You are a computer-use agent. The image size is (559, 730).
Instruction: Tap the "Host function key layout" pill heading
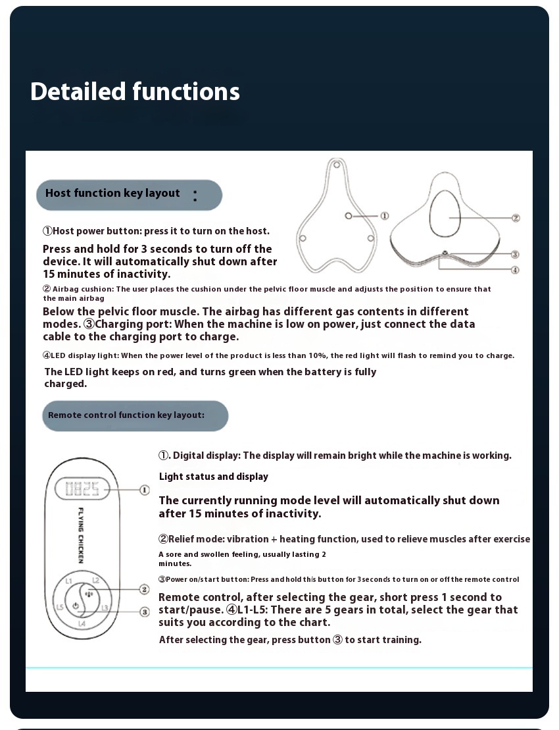pos(112,194)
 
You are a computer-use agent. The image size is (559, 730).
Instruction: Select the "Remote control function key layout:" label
pos(126,415)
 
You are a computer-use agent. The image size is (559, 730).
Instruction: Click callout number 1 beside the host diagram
pos(385,216)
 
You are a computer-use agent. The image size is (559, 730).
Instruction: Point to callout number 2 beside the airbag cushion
pos(516,218)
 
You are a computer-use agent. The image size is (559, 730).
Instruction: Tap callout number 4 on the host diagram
pos(516,269)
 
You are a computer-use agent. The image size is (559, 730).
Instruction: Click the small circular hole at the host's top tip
pos(337,164)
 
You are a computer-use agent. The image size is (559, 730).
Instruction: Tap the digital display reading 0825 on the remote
pos(82,489)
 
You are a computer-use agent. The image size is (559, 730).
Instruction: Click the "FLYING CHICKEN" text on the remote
pos(81,535)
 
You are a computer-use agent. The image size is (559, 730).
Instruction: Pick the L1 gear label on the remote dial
pos(68,581)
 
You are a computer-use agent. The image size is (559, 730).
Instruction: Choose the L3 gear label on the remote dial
pos(105,608)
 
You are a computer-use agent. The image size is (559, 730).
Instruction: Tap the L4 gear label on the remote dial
pos(82,623)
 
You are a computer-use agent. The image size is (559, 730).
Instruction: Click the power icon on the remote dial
pos(76,606)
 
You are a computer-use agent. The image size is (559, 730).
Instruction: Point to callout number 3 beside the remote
pos(145,612)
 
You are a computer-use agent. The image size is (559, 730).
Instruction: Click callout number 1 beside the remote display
pos(145,490)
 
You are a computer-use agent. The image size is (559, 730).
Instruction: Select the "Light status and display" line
pos(214,477)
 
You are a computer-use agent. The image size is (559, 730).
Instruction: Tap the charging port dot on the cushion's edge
pos(445,253)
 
